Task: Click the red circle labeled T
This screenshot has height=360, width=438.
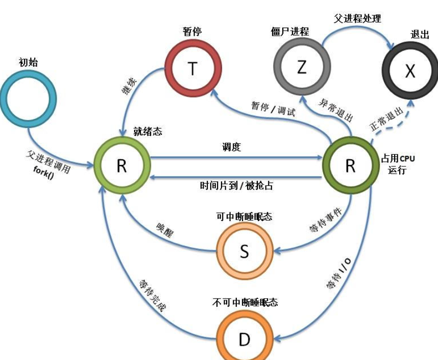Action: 193,69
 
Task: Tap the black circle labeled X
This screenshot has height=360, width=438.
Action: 410,71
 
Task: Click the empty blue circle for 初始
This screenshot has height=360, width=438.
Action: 28,98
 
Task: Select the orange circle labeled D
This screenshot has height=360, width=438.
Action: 245,339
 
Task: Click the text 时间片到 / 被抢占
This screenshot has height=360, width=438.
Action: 236,185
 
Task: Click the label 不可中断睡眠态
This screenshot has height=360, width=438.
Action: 245,303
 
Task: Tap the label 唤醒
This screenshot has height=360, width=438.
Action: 164,231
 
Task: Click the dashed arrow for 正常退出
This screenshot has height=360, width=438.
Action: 391,123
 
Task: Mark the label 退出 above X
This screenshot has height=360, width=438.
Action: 420,34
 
